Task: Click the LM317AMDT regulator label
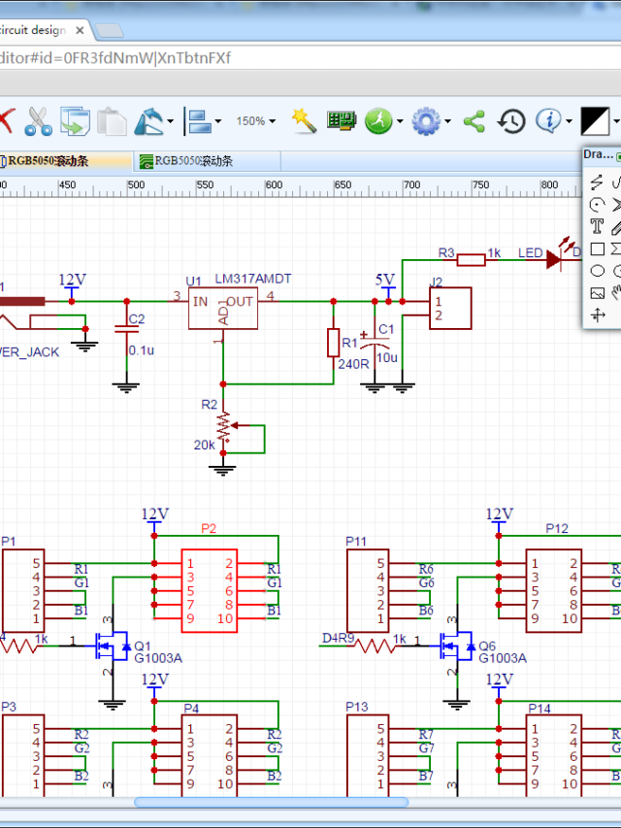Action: [x=253, y=280]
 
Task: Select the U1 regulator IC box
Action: [x=222, y=309]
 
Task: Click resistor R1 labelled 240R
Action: [x=334, y=343]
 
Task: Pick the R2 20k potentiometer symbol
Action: [x=225, y=427]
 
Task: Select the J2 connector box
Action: [x=450, y=308]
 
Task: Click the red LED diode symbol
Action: [x=554, y=258]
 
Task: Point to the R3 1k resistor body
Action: [x=472, y=258]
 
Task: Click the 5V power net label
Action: [x=385, y=280]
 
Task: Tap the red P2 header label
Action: [x=209, y=529]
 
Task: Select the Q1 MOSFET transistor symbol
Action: [x=112, y=644]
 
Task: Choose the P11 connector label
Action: [x=356, y=541]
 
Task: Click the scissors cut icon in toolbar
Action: [x=39, y=121]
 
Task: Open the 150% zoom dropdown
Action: [x=256, y=121]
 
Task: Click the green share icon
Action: [x=474, y=121]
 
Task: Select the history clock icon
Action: [x=511, y=121]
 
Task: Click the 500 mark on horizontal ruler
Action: [x=136, y=184]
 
